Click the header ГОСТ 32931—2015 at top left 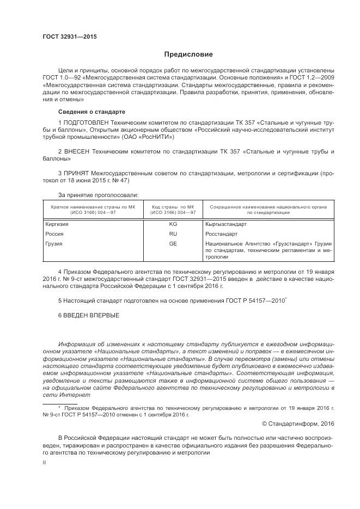click(x=69, y=37)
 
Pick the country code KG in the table click(x=173, y=224)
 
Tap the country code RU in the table click(x=173, y=234)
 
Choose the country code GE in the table click(x=173, y=243)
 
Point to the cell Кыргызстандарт click(x=227, y=224)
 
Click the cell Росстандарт click(x=222, y=234)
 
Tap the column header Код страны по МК click(x=173, y=207)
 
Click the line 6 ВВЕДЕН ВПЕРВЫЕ click(x=88, y=315)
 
